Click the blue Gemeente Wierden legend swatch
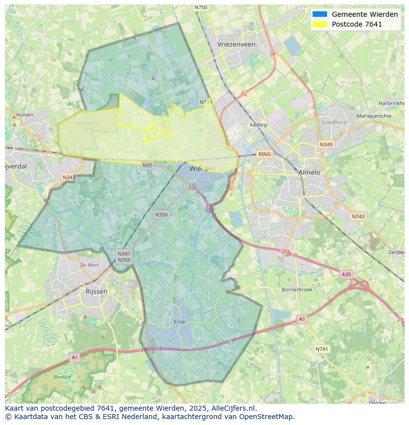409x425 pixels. click(x=320, y=14)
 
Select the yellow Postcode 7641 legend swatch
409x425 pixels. click(x=320, y=24)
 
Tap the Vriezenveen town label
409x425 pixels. click(x=236, y=44)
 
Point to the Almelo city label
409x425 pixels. click(x=309, y=172)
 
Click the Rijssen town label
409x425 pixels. click(x=96, y=291)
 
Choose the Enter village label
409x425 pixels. click(x=180, y=322)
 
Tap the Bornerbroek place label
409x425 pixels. click(x=297, y=290)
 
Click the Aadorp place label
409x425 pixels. click(x=258, y=125)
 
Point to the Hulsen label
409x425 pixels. click(x=25, y=115)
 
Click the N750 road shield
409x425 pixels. click(x=201, y=7)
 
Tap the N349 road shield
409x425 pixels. click(x=326, y=145)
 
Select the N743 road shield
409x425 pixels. click(x=358, y=217)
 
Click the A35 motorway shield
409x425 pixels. click(x=347, y=274)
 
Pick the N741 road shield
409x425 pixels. click(x=322, y=349)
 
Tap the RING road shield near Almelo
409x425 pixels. click(x=265, y=154)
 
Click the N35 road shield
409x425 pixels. click(x=147, y=165)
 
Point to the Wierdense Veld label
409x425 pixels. click(x=88, y=126)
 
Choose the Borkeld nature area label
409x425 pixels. click(x=63, y=377)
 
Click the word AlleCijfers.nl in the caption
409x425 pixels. click(x=232, y=408)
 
